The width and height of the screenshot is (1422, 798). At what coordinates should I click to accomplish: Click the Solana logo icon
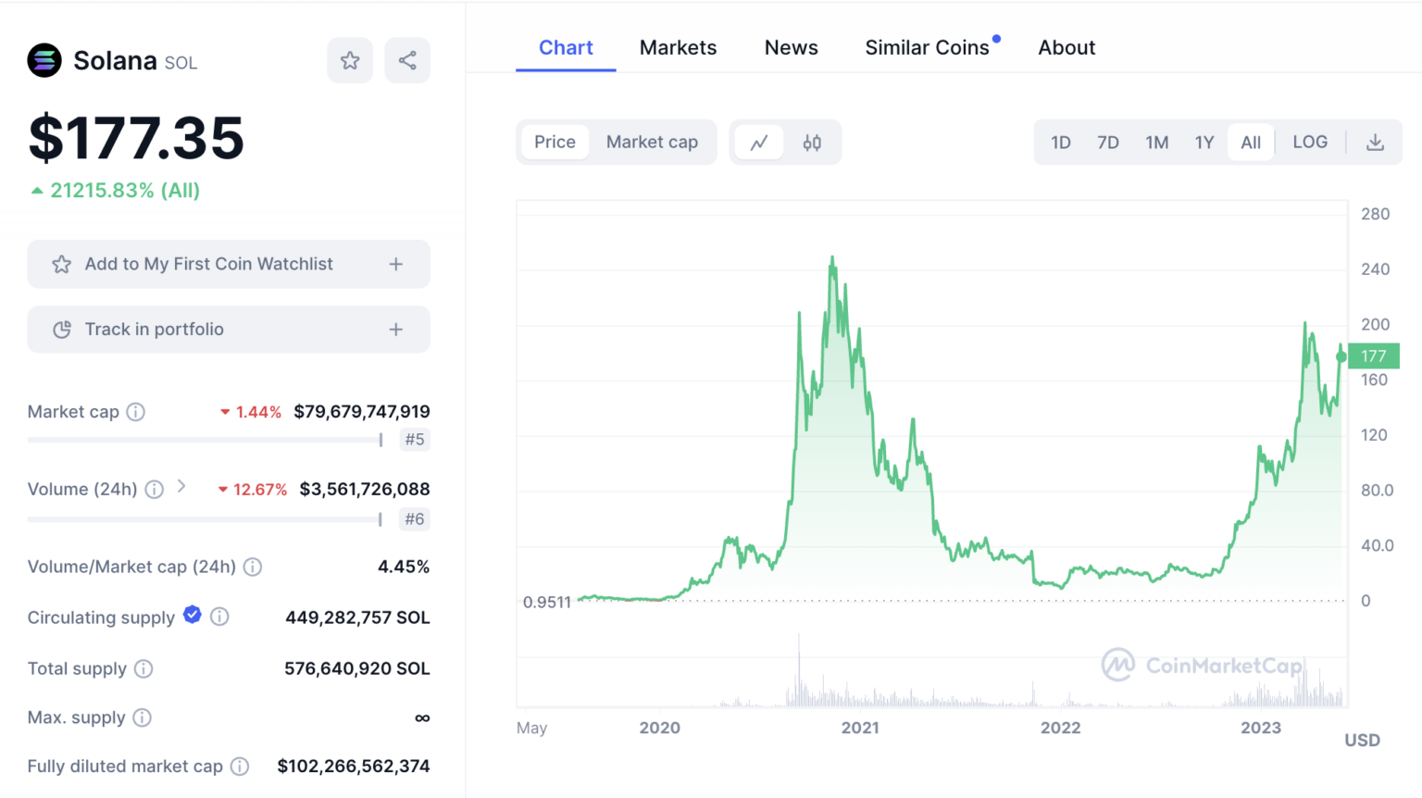(44, 61)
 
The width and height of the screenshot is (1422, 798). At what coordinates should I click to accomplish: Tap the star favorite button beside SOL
(350, 61)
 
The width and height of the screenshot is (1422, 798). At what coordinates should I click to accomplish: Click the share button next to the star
(407, 61)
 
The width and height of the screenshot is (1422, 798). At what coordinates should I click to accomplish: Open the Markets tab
(678, 48)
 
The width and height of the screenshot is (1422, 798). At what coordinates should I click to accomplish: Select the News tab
(791, 48)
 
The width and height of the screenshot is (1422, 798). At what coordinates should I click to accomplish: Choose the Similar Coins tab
(927, 48)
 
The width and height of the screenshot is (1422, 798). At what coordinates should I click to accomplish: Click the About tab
(1066, 48)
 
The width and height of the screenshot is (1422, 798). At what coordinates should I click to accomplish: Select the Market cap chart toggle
(652, 143)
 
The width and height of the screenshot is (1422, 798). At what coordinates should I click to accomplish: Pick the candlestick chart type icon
(812, 143)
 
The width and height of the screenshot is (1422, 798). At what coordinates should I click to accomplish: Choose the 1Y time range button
(1204, 143)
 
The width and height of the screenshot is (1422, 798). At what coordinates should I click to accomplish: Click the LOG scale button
(1309, 143)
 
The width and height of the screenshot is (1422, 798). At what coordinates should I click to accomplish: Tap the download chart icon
(1375, 143)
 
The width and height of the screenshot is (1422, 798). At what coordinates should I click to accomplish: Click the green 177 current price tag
(1374, 355)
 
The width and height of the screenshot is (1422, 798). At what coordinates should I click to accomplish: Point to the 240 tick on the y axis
(1375, 269)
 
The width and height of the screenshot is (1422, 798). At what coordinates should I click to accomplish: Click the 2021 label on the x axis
(860, 728)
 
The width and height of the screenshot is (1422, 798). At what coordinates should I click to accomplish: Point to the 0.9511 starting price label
(546, 603)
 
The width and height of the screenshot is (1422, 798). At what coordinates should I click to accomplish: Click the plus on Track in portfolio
(396, 330)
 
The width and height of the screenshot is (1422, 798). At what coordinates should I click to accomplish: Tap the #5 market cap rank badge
(415, 440)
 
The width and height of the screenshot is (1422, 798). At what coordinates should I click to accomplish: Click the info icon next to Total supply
(143, 668)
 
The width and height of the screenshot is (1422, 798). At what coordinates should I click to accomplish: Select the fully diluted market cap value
(354, 767)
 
